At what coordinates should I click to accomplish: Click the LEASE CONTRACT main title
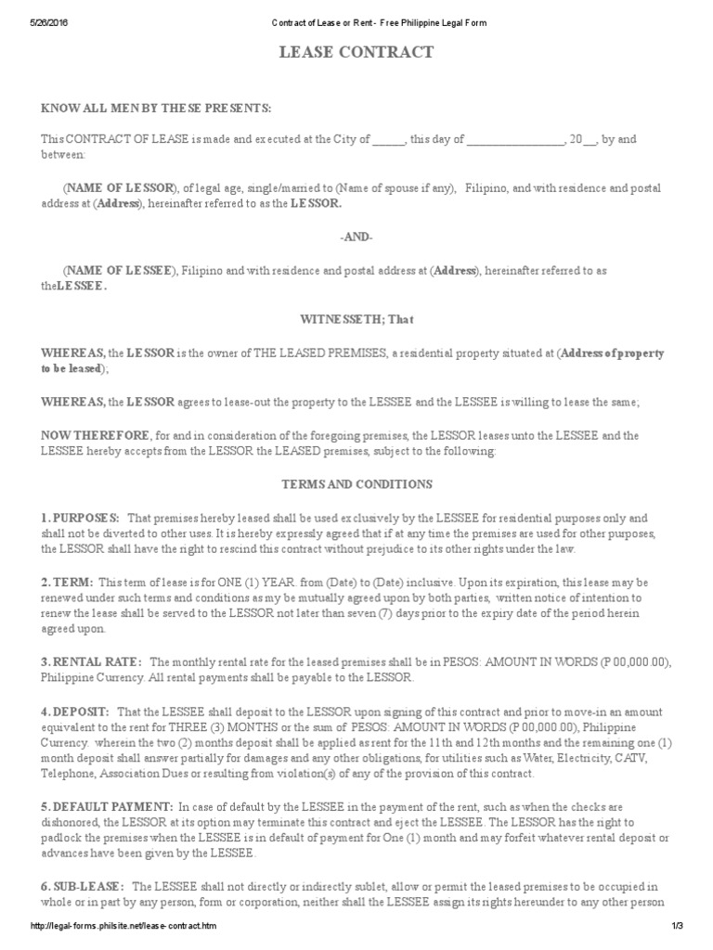(356, 53)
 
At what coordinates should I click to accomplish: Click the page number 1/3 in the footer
(677, 929)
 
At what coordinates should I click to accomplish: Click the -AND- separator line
(356, 237)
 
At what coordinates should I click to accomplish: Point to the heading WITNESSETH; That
(356, 319)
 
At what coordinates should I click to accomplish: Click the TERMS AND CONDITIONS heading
(356, 484)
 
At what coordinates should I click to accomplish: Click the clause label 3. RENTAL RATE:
(91, 661)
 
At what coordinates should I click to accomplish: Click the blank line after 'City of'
(389, 140)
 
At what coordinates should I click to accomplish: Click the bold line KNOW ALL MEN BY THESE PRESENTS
(156, 109)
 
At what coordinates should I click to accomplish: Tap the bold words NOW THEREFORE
(95, 435)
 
